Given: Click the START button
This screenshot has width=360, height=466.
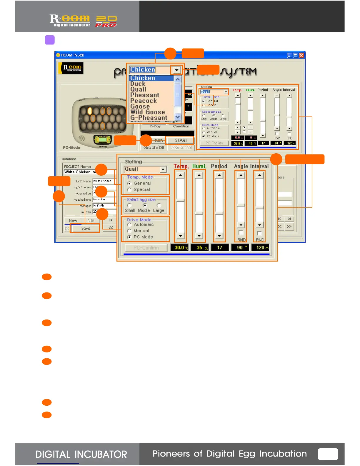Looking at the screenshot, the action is click(x=181, y=140).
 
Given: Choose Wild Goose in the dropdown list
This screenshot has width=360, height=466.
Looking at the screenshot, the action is click(x=148, y=112).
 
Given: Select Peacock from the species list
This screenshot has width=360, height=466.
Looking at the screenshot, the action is click(x=144, y=101).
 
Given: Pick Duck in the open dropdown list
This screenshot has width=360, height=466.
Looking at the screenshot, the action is click(x=138, y=84).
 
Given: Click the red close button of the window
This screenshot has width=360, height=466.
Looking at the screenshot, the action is click(x=301, y=55).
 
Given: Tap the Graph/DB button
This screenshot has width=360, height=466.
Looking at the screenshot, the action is click(x=154, y=147).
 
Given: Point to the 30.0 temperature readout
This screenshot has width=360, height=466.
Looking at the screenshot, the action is click(x=179, y=248).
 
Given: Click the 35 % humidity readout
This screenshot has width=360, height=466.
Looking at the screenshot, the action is click(x=200, y=248).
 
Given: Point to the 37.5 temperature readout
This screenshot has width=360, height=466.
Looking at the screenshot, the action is click(x=237, y=144).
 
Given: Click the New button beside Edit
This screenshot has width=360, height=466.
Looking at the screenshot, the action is click(x=73, y=221).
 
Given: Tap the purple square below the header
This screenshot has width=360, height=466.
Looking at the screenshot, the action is click(x=50, y=40).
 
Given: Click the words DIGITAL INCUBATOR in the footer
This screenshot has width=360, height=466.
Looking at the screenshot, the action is click(x=81, y=455).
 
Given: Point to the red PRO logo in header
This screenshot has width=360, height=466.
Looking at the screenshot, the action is click(x=106, y=25).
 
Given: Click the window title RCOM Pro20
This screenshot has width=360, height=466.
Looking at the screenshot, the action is click(x=73, y=55).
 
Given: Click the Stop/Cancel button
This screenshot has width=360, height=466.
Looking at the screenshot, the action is click(x=181, y=147).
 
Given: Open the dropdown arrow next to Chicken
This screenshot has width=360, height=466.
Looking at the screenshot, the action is click(x=176, y=70).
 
